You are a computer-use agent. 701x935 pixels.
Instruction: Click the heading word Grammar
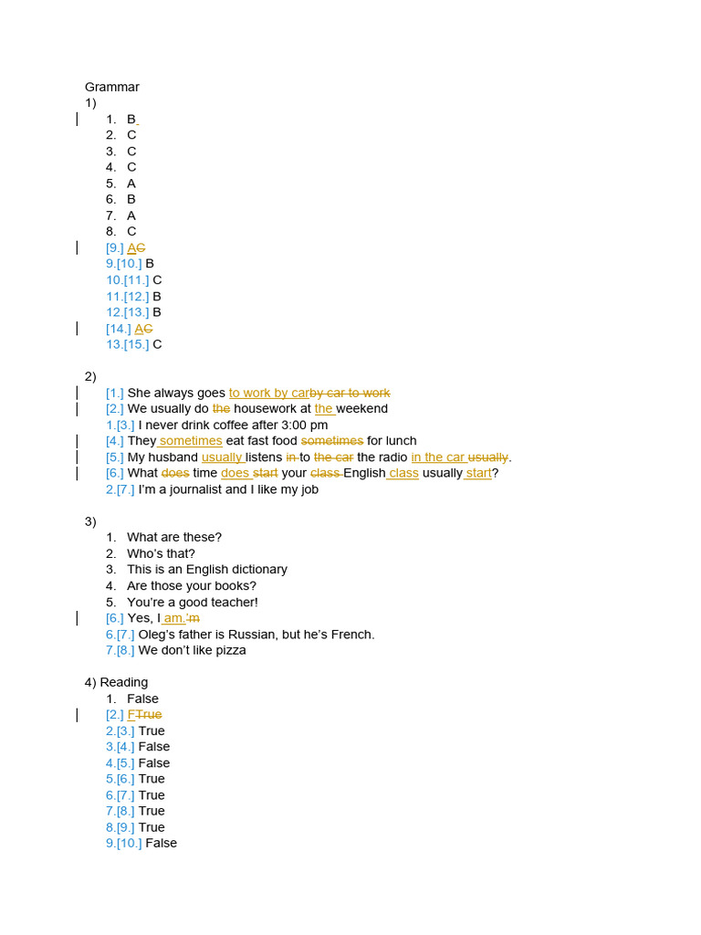point(112,87)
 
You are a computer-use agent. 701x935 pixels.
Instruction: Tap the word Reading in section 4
point(124,682)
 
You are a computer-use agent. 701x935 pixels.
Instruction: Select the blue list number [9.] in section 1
point(115,247)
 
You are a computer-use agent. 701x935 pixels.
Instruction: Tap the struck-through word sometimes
point(332,441)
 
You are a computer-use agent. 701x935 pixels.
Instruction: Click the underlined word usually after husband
point(222,457)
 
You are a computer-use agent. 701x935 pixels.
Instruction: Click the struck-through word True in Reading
point(149,714)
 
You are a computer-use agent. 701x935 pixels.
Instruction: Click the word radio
point(393,457)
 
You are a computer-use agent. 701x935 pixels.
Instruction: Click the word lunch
point(402,441)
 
